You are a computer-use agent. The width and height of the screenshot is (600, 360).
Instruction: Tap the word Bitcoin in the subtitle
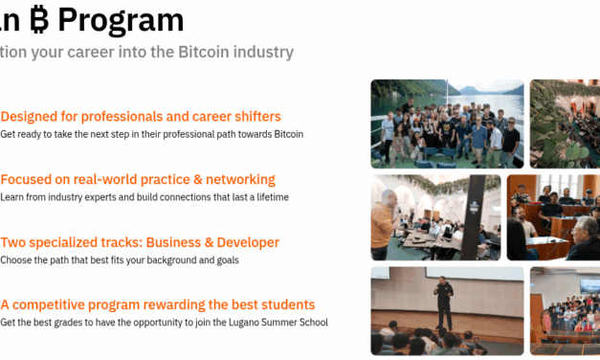(x=203, y=52)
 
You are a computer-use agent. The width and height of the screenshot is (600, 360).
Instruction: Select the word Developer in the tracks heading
(x=245, y=242)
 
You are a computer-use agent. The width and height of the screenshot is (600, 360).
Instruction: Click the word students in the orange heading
(x=284, y=304)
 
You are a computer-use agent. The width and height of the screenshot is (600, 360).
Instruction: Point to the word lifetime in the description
(x=269, y=197)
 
